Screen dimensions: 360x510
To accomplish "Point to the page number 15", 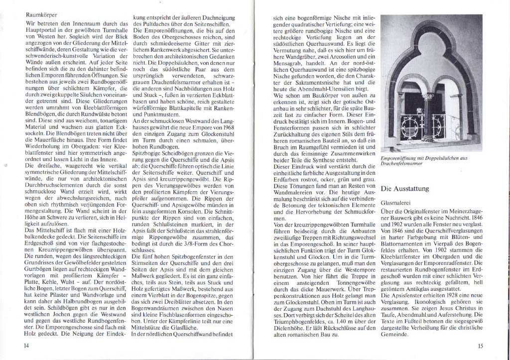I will tap(480, 346).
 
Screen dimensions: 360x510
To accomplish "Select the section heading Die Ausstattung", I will tap(406, 189).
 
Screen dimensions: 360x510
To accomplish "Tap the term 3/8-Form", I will tap(197, 243).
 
